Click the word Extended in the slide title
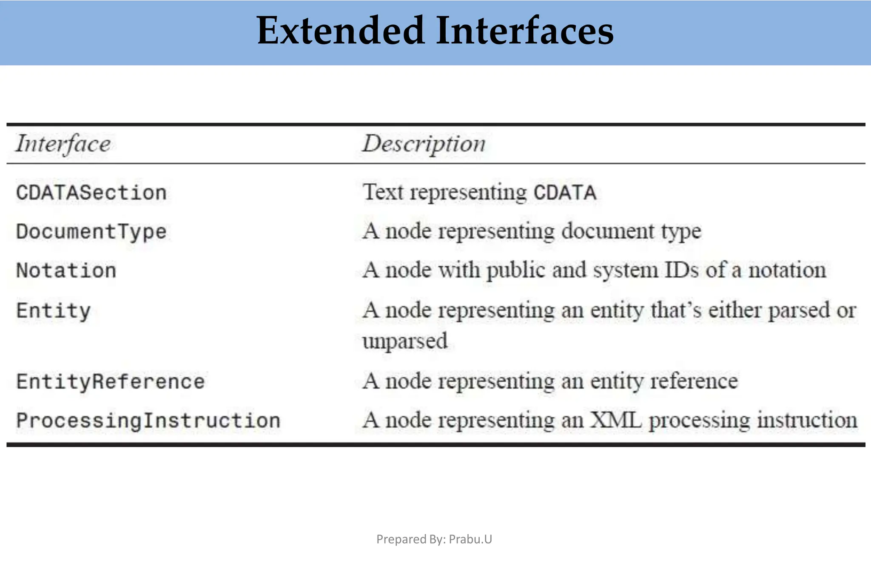point(341,31)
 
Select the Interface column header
point(63,144)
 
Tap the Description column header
point(424,144)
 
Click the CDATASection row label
point(91,193)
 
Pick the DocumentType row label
point(91,232)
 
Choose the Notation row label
point(66,271)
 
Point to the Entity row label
point(53,310)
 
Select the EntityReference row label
point(110,381)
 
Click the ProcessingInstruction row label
point(148,421)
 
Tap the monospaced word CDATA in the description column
point(565,193)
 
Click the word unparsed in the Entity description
point(405,341)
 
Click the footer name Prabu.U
point(470,539)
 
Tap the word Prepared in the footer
point(398,540)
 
